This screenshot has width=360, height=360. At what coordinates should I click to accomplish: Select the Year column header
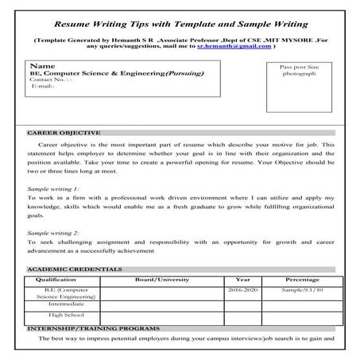point(243,280)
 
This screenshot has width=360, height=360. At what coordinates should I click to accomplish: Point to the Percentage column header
point(303,280)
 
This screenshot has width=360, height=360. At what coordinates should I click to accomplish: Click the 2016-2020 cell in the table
point(243,292)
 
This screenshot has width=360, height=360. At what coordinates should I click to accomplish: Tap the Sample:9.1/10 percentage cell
point(303,292)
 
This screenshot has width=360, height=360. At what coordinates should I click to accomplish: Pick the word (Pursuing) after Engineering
point(184,73)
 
